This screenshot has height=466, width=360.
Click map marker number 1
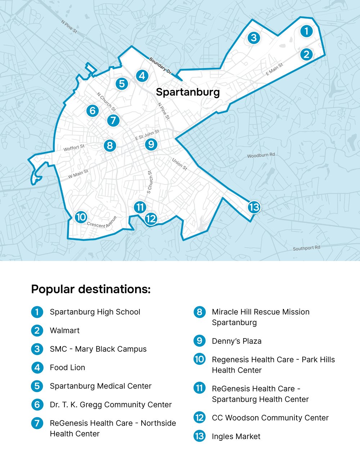(x=306, y=31)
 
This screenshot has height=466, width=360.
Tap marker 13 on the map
(x=254, y=207)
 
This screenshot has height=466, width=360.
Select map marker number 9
(x=151, y=145)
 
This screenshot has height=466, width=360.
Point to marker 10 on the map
(x=81, y=217)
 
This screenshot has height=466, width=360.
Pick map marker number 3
(x=254, y=37)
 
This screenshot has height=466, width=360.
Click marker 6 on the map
(x=92, y=110)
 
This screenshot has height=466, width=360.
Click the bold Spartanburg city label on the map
(x=188, y=92)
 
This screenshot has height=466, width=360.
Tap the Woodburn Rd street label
(x=261, y=155)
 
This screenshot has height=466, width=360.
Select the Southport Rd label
(x=306, y=248)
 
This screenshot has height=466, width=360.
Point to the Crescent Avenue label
(x=102, y=223)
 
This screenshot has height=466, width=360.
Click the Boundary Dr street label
(x=160, y=66)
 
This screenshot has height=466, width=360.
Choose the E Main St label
(x=274, y=69)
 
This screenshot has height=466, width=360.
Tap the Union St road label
(x=179, y=164)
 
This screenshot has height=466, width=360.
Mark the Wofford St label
(x=74, y=148)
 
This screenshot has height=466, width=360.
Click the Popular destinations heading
(x=91, y=289)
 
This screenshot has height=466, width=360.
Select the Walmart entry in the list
(x=65, y=330)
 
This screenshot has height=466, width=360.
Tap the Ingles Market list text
(x=236, y=436)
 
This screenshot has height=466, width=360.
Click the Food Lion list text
(x=67, y=368)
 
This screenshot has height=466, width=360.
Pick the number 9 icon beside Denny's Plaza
(x=199, y=341)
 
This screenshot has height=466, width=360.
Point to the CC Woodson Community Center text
(x=270, y=418)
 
